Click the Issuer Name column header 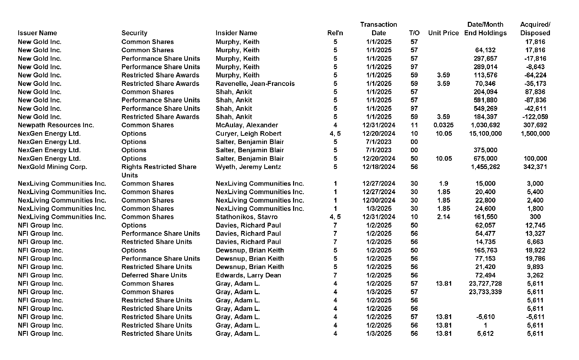click(x=37, y=33)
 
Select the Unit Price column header click(x=443, y=33)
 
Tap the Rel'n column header click(x=335, y=33)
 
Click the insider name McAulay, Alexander click(x=247, y=125)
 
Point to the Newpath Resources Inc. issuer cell click(x=56, y=125)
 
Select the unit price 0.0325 click(x=443, y=125)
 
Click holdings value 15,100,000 click(x=485, y=133)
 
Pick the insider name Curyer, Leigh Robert click(x=248, y=133)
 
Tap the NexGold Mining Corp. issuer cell click(x=52, y=167)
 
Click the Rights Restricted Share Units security click(x=159, y=171)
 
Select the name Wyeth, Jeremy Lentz click(x=248, y=167)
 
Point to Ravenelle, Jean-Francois click(x=255, y=83)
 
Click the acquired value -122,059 click(x=535, y=117)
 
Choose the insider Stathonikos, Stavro click(x=246, y=217)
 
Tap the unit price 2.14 click(x=443, y=217)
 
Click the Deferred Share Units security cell click(x=154, y=275)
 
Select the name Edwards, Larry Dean click(x=248, y=275)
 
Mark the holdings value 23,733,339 click(x=485, y=292)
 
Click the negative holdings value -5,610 click(x=485, y=317)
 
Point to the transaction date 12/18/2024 click(x=379, y=167)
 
